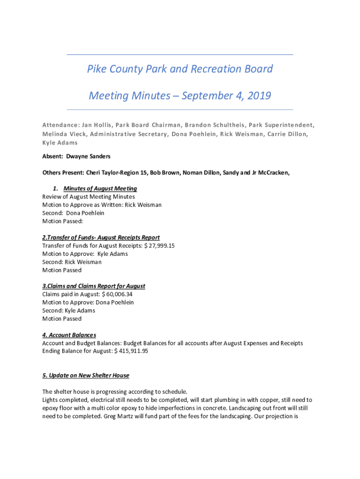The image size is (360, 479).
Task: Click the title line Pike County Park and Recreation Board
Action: pos(180,69)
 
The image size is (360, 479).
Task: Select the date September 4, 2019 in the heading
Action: pos(226,96)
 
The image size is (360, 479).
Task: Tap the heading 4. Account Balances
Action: pos(69,335)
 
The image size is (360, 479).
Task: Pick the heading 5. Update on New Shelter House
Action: pos(86,376)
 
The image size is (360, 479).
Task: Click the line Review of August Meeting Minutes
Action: pos(88,197)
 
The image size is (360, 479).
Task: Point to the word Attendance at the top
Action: pos(60,125)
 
